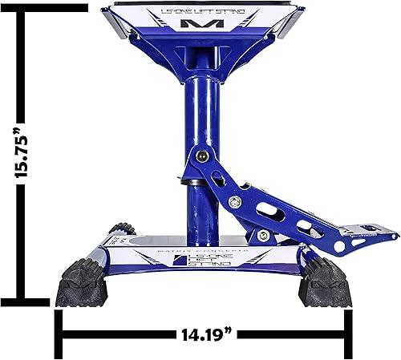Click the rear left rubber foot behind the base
tap(121, 230)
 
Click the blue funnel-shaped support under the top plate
tap(197, 56)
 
